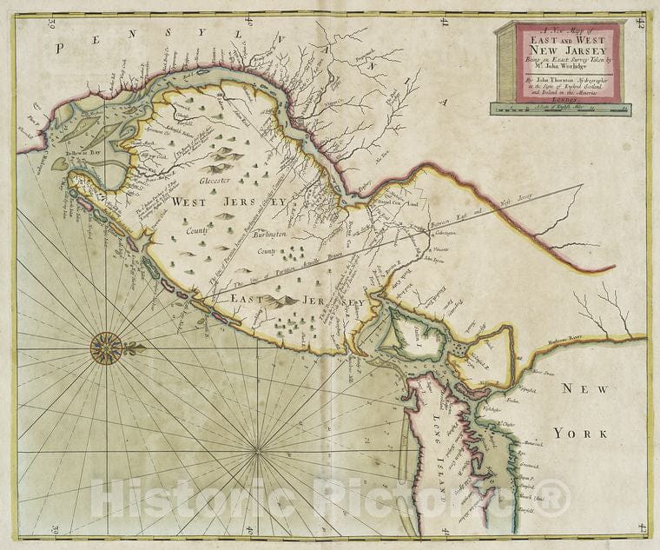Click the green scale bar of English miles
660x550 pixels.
560,109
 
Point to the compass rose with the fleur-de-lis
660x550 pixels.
107,348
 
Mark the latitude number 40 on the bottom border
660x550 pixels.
249,529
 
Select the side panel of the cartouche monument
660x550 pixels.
506,62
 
